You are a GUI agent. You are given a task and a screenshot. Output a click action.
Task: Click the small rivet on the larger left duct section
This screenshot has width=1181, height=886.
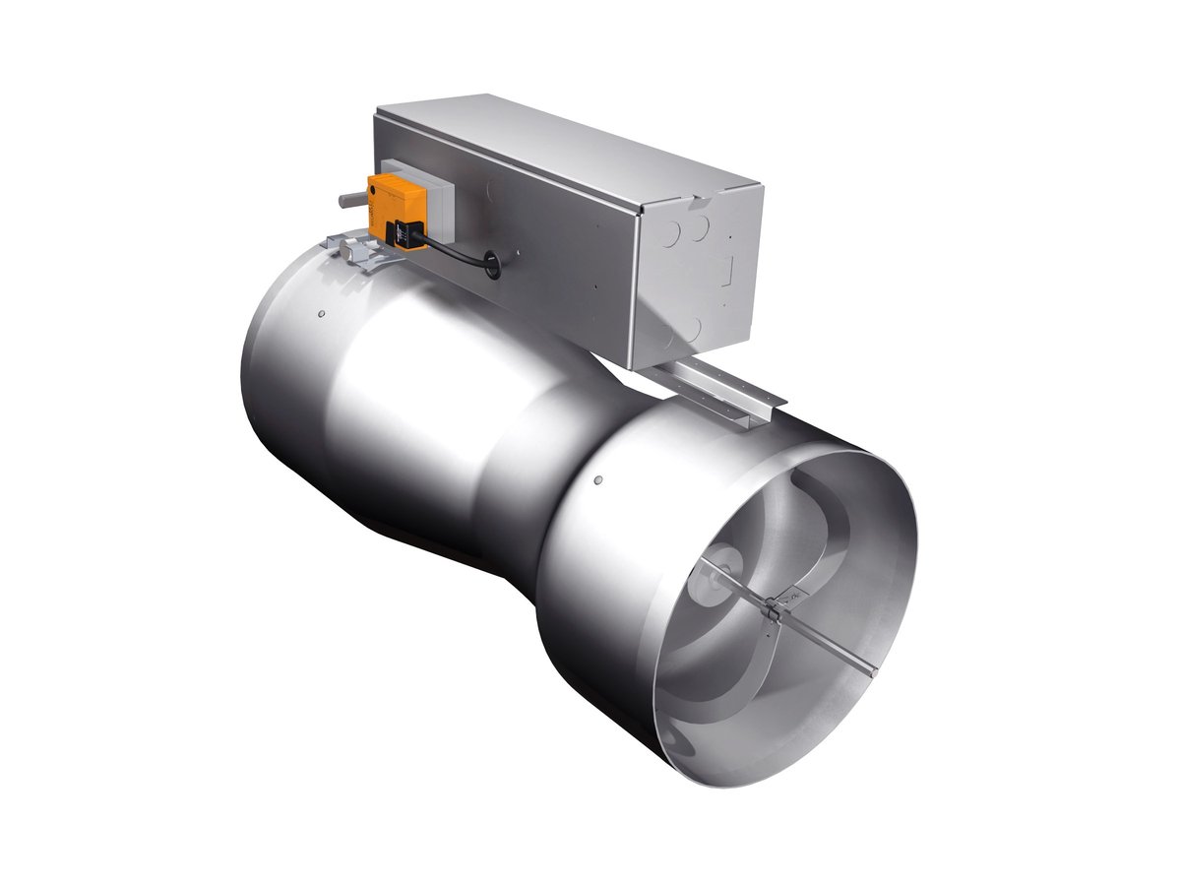pyautogui.click(x=322, y=314)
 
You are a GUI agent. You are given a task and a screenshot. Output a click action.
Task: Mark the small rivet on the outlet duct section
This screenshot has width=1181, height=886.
pyautogui.click(x=597, y=481)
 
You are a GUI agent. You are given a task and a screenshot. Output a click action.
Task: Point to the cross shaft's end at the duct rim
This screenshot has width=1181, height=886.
pyautogui.click(x=872, y=672)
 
